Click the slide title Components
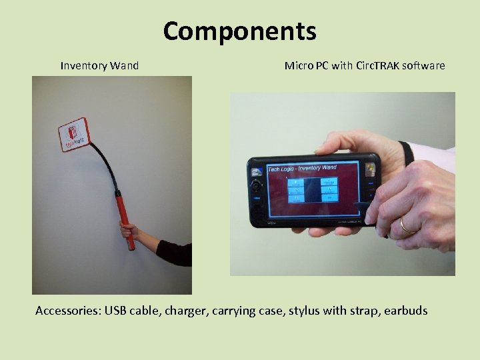point(239,31)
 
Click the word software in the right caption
point(423,65)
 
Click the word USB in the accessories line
point(115,311)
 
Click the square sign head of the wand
point(73,135)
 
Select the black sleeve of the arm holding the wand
point(175,254)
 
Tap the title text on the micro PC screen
point(302,168)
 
